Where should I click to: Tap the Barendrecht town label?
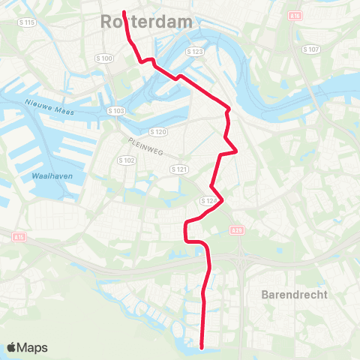pyautogui.click(x=295, y=295)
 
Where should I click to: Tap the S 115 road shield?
pyautogui.click(x=27, y=23)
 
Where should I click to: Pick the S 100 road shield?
pyautogui.click(x=103, y=58)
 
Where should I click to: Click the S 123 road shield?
pyautogui.click(x=195, y=52)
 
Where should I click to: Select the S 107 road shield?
pyautogui.click(x=311, y=49)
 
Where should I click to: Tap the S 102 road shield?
pyautogui.click(x=126, y=160)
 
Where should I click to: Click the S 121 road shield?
pyautogui.click(x=178, y=169)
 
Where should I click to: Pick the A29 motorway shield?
pyautogui.click(x=238, y=231)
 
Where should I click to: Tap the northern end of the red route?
pyautogui.click(x=124, y=13)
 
